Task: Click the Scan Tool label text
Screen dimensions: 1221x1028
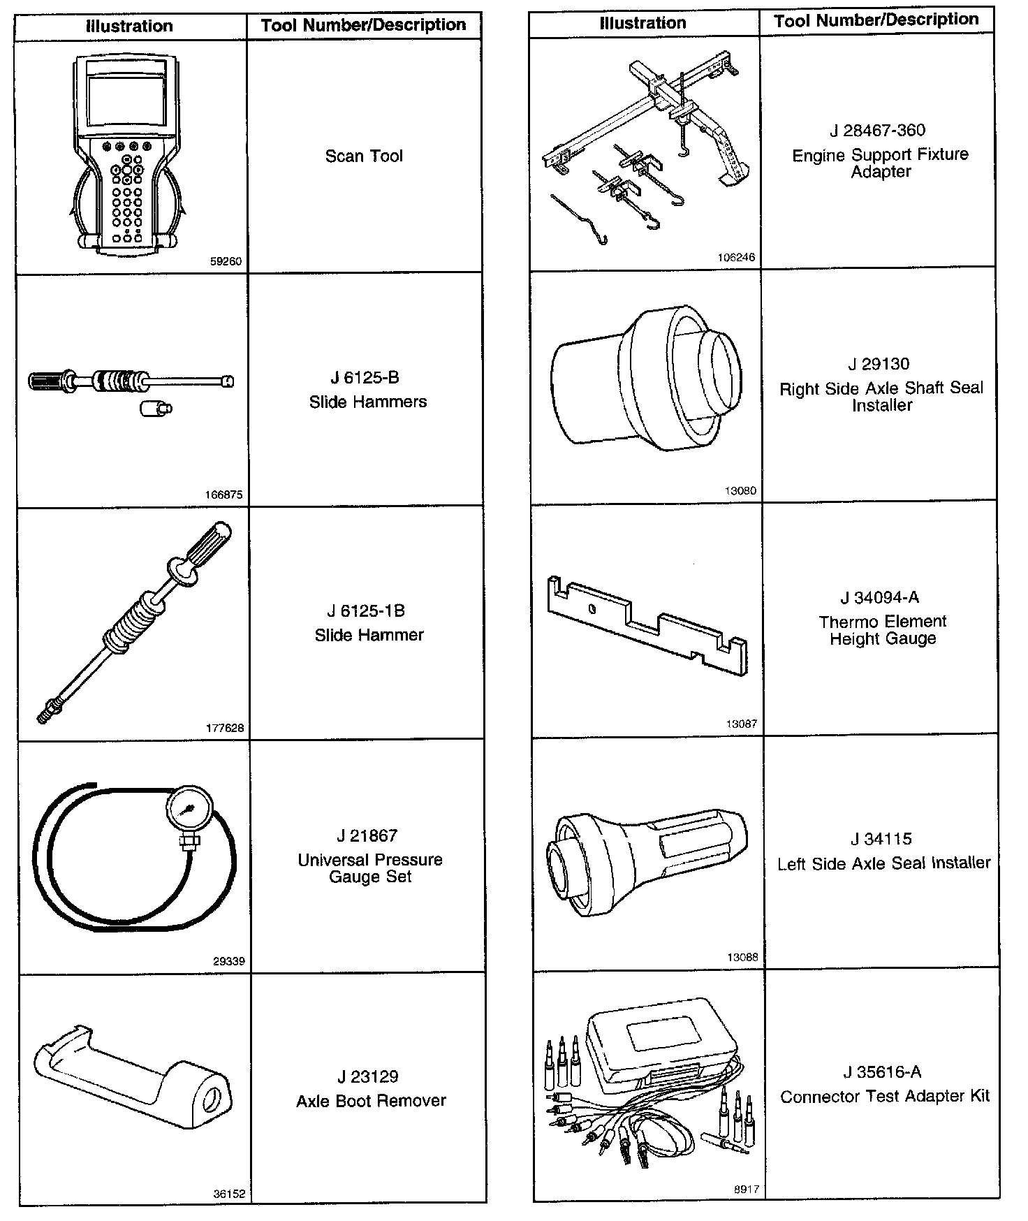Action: click(364, 156)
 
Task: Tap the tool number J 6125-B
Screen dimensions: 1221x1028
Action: click(365, 378)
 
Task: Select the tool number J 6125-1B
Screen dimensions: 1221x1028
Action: click(366, 611)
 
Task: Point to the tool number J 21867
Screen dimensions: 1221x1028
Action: click(367, 835)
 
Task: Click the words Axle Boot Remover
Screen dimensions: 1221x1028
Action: click(371, 1101)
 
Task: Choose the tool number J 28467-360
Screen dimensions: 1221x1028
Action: click(877, 131)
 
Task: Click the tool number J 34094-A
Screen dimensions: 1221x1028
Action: click(879, 597)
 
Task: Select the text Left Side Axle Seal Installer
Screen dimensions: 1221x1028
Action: click(883, 863)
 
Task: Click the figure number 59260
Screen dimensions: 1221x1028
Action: click(226, 262)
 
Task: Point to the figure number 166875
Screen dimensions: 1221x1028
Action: click(223, 495)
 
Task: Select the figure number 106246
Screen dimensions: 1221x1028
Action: click(736, 258)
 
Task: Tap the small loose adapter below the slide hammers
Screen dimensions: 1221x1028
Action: click(156, 409)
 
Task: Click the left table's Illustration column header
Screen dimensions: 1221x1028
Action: click(129, 27)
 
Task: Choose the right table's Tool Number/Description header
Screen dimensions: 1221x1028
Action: click(876, 20)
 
